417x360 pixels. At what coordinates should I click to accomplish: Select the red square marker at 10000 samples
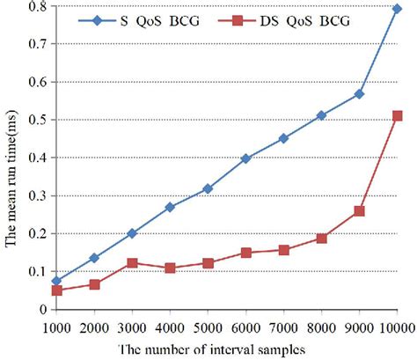coord(397,116)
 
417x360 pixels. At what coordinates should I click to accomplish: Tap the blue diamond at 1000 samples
coord(57,281)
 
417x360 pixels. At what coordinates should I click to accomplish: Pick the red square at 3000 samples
coord(132,263)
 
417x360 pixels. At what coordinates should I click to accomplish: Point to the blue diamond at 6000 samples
coord(245,158)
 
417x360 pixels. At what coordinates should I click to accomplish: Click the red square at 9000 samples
coord(359,211)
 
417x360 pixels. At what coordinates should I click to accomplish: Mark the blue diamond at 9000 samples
coord(359,93)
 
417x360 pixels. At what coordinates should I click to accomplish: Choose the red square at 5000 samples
coord(208,263)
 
